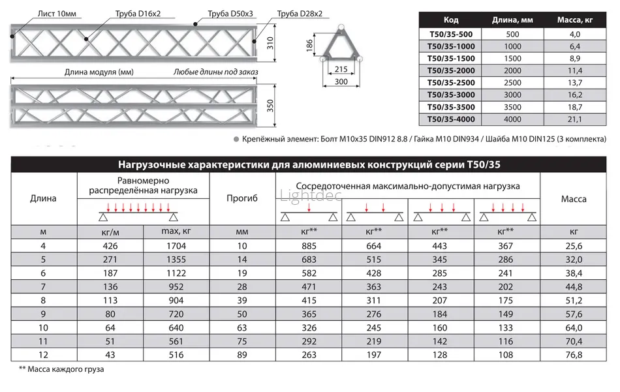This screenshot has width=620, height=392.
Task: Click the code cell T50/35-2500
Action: (x=450, y=82)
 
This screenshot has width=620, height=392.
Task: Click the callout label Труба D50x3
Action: (x=230, y=14)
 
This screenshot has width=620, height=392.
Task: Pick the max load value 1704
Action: (x=176, y=246)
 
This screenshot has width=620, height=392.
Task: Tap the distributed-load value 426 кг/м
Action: (x=110, y=246)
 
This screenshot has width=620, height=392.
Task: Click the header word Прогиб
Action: (x=242, y=198)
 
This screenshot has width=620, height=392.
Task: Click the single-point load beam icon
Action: (x=309, y=213)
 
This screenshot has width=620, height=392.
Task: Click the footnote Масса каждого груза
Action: (x=62, y=370)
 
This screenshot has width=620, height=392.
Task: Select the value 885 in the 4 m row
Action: (x=309, y=246)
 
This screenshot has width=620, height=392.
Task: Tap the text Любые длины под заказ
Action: (x=215, y=72)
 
